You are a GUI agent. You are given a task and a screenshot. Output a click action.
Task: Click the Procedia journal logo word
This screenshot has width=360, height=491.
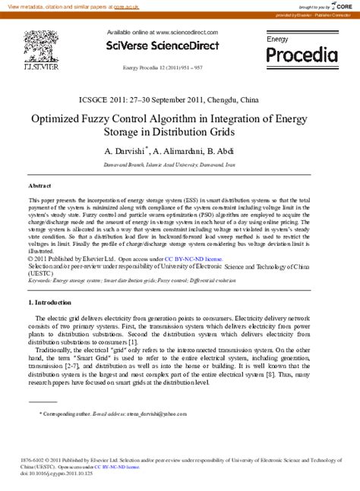(302, 55)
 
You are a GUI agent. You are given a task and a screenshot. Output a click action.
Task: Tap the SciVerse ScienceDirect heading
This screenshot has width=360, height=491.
(163, 46)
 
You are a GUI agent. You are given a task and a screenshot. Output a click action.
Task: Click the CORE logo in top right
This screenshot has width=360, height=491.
(343, 5)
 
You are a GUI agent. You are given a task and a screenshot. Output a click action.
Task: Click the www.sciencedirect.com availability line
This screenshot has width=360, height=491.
(163, 33)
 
